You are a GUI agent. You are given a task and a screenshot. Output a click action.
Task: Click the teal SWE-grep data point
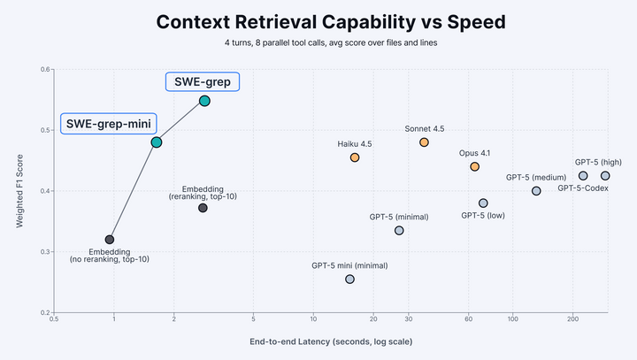click(x=204, y=101)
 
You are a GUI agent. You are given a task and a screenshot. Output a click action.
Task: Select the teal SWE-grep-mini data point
click(x=157, y=142)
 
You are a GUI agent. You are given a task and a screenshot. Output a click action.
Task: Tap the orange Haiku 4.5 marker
click(x=355, y=157)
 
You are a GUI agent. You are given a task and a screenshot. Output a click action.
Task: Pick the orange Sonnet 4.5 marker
click(x=424, y=142)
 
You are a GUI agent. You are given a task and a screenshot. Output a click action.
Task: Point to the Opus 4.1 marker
click(x=475, y=166)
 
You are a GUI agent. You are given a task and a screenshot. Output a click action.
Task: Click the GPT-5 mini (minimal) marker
click(x=349, y=279)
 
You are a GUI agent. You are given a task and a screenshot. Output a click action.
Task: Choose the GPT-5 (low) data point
click(x=483, y=203)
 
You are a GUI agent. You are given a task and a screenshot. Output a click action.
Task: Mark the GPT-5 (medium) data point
click(x=536, y=191)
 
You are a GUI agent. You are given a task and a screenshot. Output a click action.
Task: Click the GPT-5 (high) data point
click(x=605, y=176)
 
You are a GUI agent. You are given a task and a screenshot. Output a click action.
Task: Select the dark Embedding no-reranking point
click(x=110, y=240)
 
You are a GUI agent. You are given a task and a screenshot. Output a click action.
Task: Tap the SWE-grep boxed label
click(x=203, y=81)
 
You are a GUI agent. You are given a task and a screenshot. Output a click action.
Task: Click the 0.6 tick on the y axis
click(x=43, y=69)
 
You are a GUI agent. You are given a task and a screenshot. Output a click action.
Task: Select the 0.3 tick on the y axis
click(x=43, y=252)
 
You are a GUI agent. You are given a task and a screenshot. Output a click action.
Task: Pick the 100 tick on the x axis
click(x=512, y=319)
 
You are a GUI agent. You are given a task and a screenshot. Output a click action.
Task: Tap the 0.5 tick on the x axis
click(x=55, y=319)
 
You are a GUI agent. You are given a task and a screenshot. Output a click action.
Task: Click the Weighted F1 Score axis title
click(x=19, y=190)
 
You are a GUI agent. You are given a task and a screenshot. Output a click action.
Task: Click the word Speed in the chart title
click(x=449, y=22)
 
